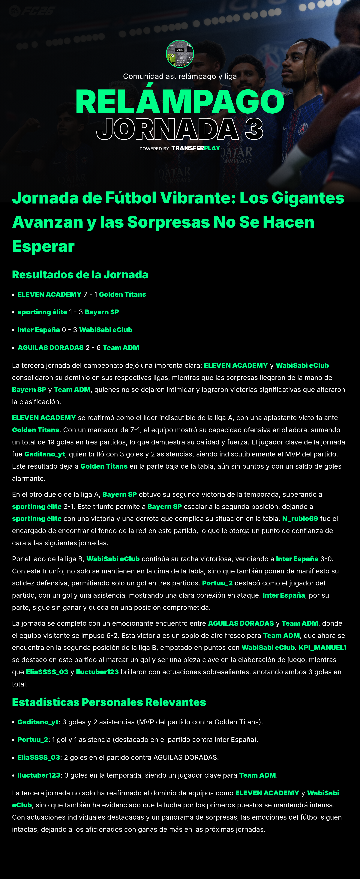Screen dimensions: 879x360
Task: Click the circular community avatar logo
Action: pyautogui.click(x=180, y=54)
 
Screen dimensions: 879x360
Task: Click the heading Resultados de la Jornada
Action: pyautogui.click(x=80, y=275)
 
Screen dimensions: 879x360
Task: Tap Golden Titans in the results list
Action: pyautogui.click(x=122, y=294)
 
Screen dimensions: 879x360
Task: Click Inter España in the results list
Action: pyautogui.click(x=39, y=330)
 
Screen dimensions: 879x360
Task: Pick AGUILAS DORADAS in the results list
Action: pyautogui.click(x=50, y=348)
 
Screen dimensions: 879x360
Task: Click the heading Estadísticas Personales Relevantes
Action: pyautogui.click(x=109, y=702)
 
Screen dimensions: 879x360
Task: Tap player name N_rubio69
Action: pyautogui.click(x=300, y=519)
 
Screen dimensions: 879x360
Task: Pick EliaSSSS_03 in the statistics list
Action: pyautogui.click(x=39, y=758)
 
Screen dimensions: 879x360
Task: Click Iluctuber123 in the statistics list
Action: pyautogui.click(x=39, y=775)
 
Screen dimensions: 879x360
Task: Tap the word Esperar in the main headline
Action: pyautogui.click(x=43, y=246)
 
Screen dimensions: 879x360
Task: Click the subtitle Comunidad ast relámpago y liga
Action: pyautogui.click(x=180, y=76)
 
